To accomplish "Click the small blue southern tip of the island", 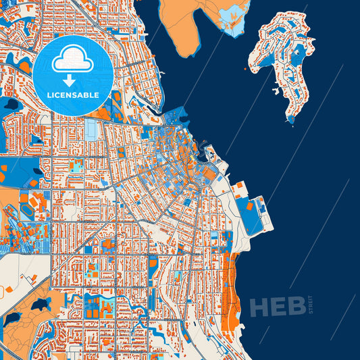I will click(291, 120).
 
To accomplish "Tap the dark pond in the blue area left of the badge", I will click(10, 105).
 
